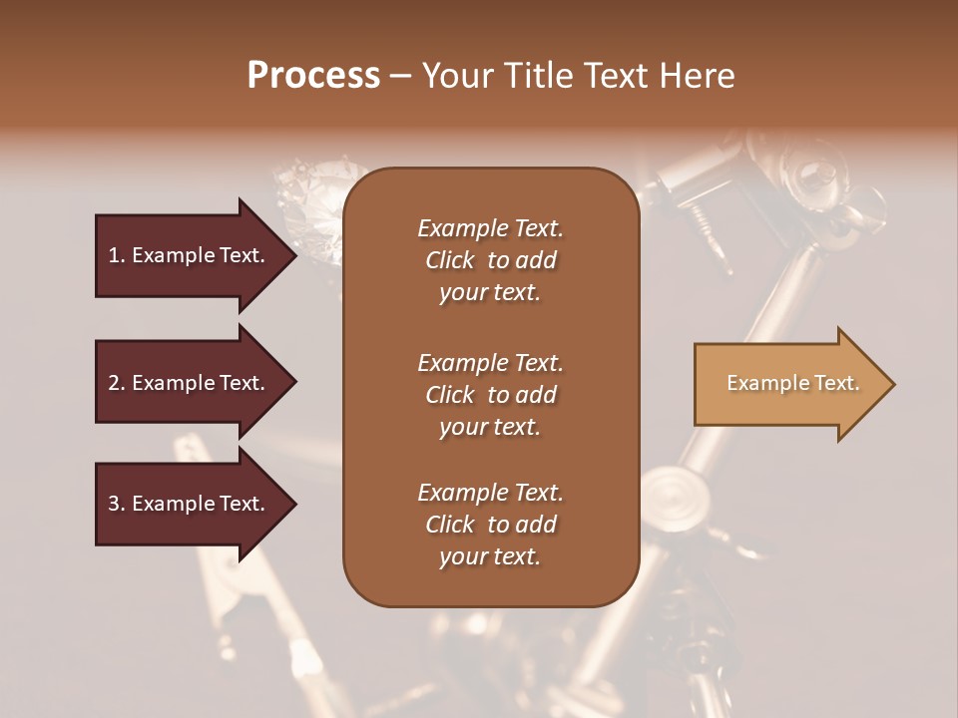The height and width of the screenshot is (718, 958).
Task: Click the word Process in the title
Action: point(313,76)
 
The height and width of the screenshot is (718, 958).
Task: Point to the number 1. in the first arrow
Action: point(117,255)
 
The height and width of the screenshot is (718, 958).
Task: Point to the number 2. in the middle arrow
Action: point(117,383)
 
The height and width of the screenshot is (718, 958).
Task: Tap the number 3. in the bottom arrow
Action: point(117,504)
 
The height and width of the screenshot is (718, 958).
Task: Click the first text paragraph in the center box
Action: point(490,260)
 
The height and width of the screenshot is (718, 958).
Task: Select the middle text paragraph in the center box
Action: point(490,394)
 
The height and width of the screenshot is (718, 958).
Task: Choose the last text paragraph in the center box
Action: point(490,525)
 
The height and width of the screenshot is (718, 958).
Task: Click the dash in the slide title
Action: point(401,76)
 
